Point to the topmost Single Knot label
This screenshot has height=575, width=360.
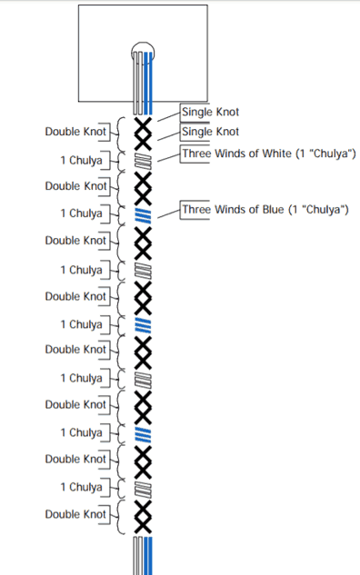pos(210,112)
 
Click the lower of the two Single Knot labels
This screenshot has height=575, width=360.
pos(210,132)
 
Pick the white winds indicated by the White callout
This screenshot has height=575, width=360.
pos(143,161)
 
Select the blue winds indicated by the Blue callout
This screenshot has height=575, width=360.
pos(143,215)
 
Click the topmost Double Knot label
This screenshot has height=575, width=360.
pos(75,132)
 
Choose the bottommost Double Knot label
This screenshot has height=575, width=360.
pos(75,514)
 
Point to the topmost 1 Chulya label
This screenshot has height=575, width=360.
pos(81,160)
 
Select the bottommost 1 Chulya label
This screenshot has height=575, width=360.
pos(81,487)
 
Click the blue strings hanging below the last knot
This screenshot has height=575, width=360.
pos(148,556)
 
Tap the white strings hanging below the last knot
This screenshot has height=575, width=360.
pos(138,556)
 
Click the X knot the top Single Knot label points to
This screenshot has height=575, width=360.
pos(143,125)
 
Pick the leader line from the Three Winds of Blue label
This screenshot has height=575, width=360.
pos(169,213)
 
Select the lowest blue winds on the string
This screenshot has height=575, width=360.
pos(143,434)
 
